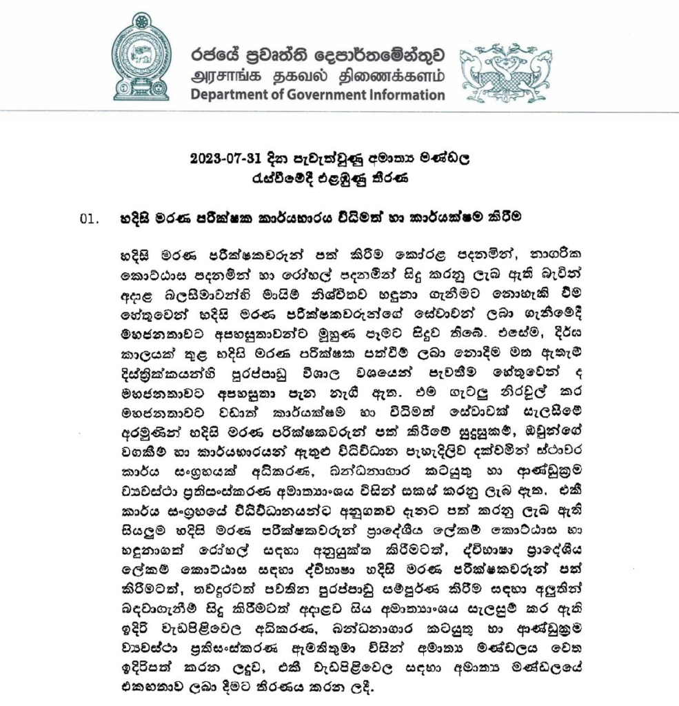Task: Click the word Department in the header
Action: click(231, 95)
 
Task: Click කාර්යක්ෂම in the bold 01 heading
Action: click(450, 217)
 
